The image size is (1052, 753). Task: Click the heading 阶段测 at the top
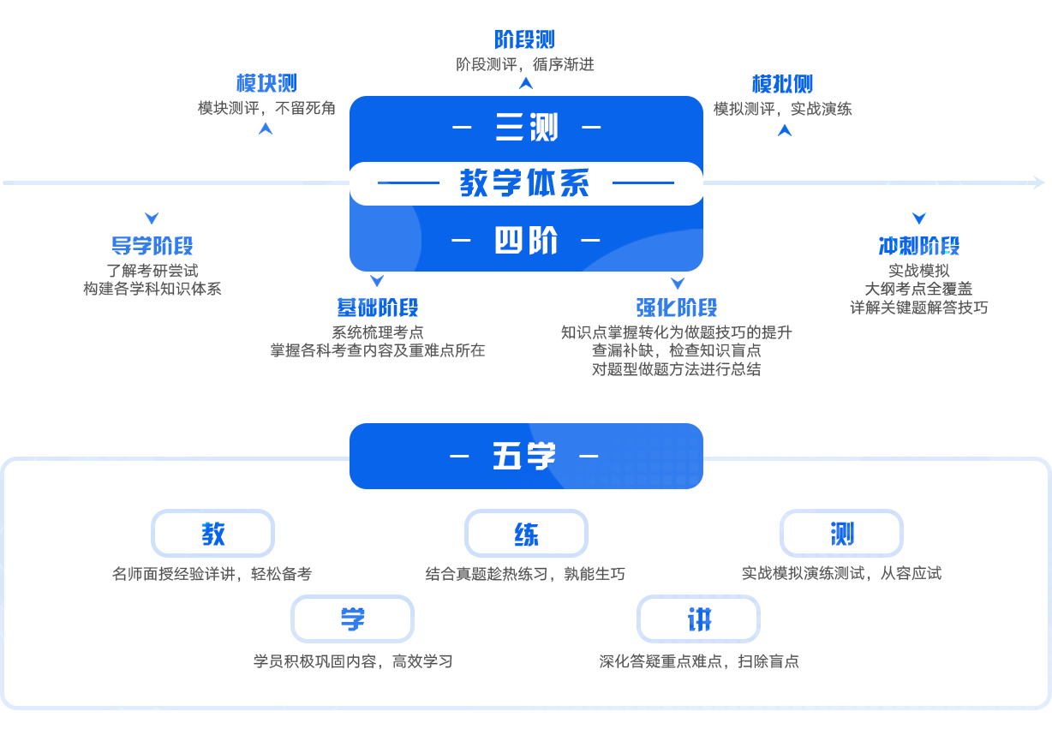coord(524,39)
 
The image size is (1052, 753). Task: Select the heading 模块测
coord(266,84)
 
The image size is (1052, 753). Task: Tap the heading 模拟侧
coord(782,84)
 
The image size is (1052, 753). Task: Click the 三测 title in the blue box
coord(526,128)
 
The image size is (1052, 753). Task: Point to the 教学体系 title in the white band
coord(525,183)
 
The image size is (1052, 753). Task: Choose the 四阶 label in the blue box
coord(526,242)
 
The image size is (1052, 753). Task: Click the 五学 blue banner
coord(525,456)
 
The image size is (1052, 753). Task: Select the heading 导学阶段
coord(152,247)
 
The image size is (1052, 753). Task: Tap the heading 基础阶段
coord(377,308)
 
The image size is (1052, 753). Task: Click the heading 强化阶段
coord(677,308)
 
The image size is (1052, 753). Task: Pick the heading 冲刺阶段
coord(919,247)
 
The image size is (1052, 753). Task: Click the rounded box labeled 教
coord(212,534)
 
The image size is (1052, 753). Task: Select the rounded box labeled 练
coord(526,534)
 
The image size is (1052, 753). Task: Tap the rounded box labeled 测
coord(841,534)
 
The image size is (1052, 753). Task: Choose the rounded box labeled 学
coord(352,619)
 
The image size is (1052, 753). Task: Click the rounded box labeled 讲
coord(698,619)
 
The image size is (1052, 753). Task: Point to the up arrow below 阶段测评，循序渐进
coord(526,83)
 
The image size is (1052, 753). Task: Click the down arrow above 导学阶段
coord(152,218)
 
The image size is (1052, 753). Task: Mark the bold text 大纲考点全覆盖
coord(918,289)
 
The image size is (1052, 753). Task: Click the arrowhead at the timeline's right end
coord(1039,182)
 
